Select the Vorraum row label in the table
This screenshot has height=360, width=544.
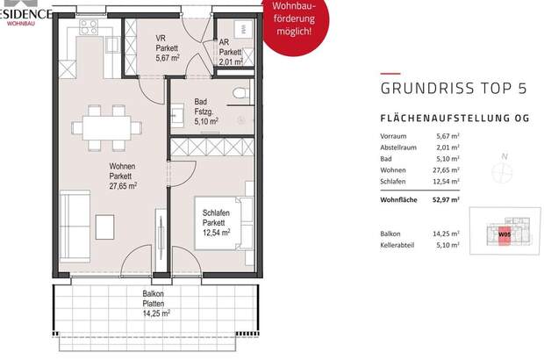coord(395,137)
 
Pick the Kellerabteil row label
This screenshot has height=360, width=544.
coord(402,246)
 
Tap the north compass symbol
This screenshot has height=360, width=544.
coord(504,171)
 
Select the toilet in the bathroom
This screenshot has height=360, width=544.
coord(241,96)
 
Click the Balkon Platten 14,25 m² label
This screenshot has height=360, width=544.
coord(154,303)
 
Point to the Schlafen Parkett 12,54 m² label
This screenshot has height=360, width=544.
coord(216,224)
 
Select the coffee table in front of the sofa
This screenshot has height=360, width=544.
coord(105,227)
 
